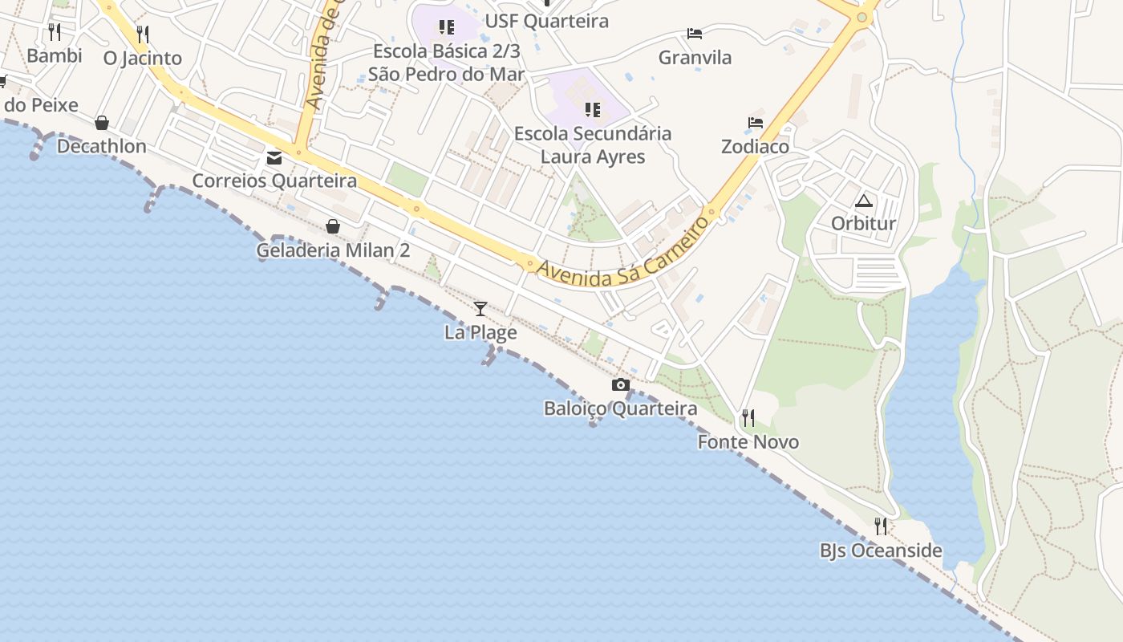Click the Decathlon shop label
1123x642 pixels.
pyautogui.click(x=101, y=146)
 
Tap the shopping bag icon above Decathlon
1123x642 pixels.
pyautogui.click(x=102, y=123)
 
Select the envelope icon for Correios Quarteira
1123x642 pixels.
pyautogui.click(x=274, y=157)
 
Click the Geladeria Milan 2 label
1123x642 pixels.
pyautogui.click(x=333, y=250)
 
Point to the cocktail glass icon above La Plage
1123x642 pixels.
pyautogui.click(x=480, y=309)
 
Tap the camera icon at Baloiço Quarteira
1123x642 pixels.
pyautogui.click(x=620, y=385)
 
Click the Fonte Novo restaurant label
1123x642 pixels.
pyautogui.click(x=748, y=442)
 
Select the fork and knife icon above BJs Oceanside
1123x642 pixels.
pyautogui.click(x=881, y=526)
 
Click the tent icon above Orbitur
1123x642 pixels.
pyautogui.click(x=863, y=201)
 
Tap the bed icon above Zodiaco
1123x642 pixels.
pyautogui.click(x=755, y=123)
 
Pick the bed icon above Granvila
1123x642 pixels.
pyautogui.click(x=695, y=34)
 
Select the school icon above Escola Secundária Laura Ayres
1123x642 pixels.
pyautogui.click(x=592, y=109)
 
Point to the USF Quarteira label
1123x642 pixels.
pyautogui.click(x=547, y=21)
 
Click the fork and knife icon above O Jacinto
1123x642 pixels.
pyautogui.click(x=143, y=34)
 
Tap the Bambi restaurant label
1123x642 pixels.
pyautogui.click(x=55, y=55)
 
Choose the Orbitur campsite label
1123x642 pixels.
pyautogui.click(x=863, y=223)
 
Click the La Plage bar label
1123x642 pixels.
pyautogui.click(x=480, y=332)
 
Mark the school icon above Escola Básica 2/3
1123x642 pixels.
pyautogui.click(x=446, y=28)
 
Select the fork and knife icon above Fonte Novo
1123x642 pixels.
pyautogui.click(x=748, y=417)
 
